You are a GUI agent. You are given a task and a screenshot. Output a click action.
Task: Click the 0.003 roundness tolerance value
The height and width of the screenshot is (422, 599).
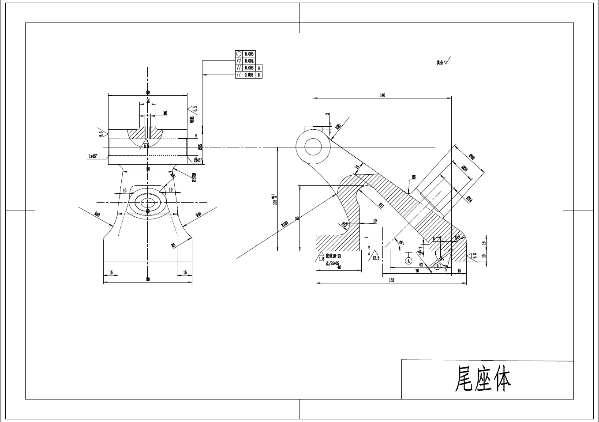click(249, 54)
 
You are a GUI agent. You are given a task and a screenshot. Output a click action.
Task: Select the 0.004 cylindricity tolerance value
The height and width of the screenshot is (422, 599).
click(249, 61)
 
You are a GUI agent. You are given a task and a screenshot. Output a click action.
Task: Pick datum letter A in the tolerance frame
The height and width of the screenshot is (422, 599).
click(259, 68)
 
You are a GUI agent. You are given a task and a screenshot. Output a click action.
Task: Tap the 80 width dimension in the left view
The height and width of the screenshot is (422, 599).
click(148, 92)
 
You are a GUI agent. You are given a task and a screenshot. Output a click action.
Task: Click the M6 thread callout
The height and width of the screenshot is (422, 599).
click(165, 113)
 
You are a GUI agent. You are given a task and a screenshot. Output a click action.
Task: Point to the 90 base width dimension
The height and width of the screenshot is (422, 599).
click(148, 279)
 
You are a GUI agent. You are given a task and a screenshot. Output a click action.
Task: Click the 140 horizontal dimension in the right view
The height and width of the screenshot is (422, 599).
click(382, 95)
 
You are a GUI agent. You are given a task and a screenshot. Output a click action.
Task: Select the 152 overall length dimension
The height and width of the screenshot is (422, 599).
click(391, 280)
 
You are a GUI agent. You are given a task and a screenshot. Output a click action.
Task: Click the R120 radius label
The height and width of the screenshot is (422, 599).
click(285, 224)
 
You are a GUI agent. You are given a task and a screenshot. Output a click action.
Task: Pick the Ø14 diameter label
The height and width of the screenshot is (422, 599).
click(469, 200)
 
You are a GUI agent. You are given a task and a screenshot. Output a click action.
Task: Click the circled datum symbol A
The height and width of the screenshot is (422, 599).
click(408, 261)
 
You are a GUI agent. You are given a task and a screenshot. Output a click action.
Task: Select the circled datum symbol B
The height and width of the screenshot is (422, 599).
click(438, 266)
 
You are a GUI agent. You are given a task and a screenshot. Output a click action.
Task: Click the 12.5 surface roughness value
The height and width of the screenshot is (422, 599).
click(376, 258)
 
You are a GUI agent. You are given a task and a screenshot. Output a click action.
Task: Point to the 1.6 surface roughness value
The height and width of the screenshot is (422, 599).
click(322, 259)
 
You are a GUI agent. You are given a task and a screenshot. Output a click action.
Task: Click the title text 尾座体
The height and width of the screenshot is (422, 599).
click(483, 379)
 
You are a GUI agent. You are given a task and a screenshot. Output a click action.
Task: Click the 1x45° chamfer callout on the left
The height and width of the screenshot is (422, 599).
click(93, 156)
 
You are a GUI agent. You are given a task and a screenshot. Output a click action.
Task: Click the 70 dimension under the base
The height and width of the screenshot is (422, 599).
click(417, 271)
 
